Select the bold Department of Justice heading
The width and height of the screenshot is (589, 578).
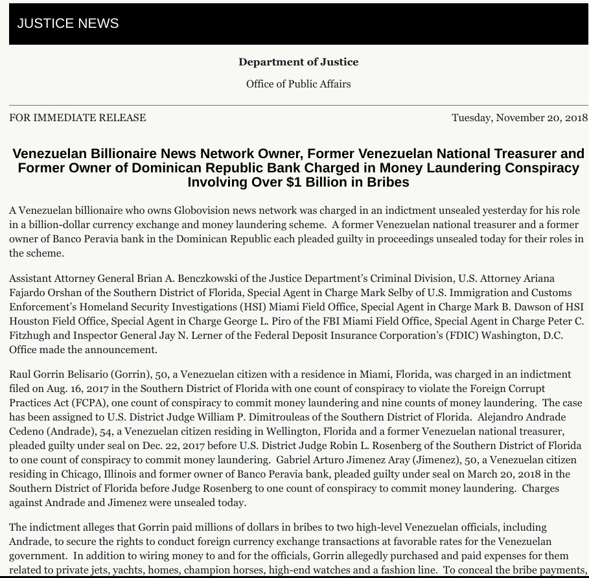click(298, 62)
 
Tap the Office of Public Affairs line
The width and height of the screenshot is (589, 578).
click(298, 84)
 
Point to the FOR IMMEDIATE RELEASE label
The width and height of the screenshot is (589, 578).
click(78, 118)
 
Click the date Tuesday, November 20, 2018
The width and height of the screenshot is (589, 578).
click(519, 118)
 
